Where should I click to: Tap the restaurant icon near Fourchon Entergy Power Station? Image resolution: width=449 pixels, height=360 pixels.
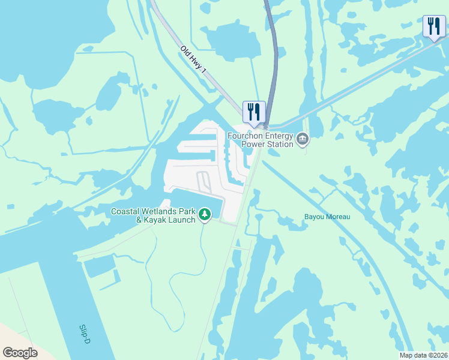[x=254, y=112]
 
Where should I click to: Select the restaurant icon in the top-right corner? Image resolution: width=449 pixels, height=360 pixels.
[x=434, y=26]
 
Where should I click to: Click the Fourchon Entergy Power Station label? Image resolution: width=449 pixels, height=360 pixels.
[x=260, y=140]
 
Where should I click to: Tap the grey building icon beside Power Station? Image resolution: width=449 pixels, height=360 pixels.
[x=303, y=140]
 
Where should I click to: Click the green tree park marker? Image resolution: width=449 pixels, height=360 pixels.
[x=205, y=214]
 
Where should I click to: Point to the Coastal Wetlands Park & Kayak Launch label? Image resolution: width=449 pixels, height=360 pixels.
[x=154, y=215]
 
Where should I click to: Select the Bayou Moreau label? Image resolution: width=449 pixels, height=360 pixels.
[x=327, y=217]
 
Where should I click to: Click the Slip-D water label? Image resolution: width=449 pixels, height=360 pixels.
[x=85, y=334]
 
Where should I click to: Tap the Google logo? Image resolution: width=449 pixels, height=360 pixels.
[x=20, y=353]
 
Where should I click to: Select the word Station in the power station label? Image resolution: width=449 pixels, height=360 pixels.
[x=279, y=144]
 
